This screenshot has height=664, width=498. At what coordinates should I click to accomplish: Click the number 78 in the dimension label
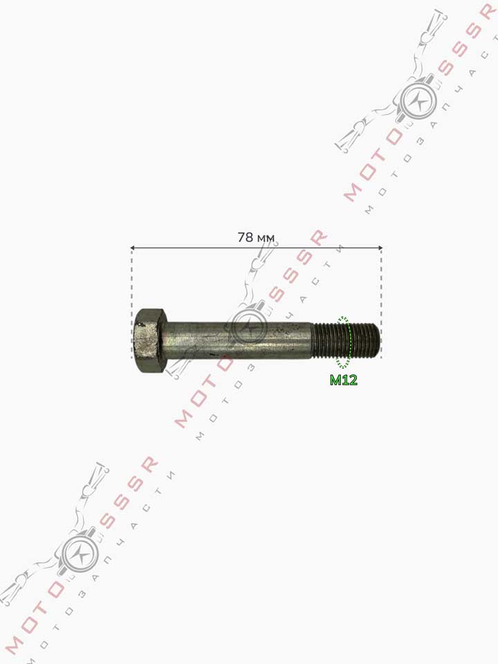(x=245, y=237)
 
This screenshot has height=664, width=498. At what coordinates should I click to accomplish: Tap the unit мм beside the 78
(x=266, y=239)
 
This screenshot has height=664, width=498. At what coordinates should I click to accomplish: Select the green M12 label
(x=344, y=380)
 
